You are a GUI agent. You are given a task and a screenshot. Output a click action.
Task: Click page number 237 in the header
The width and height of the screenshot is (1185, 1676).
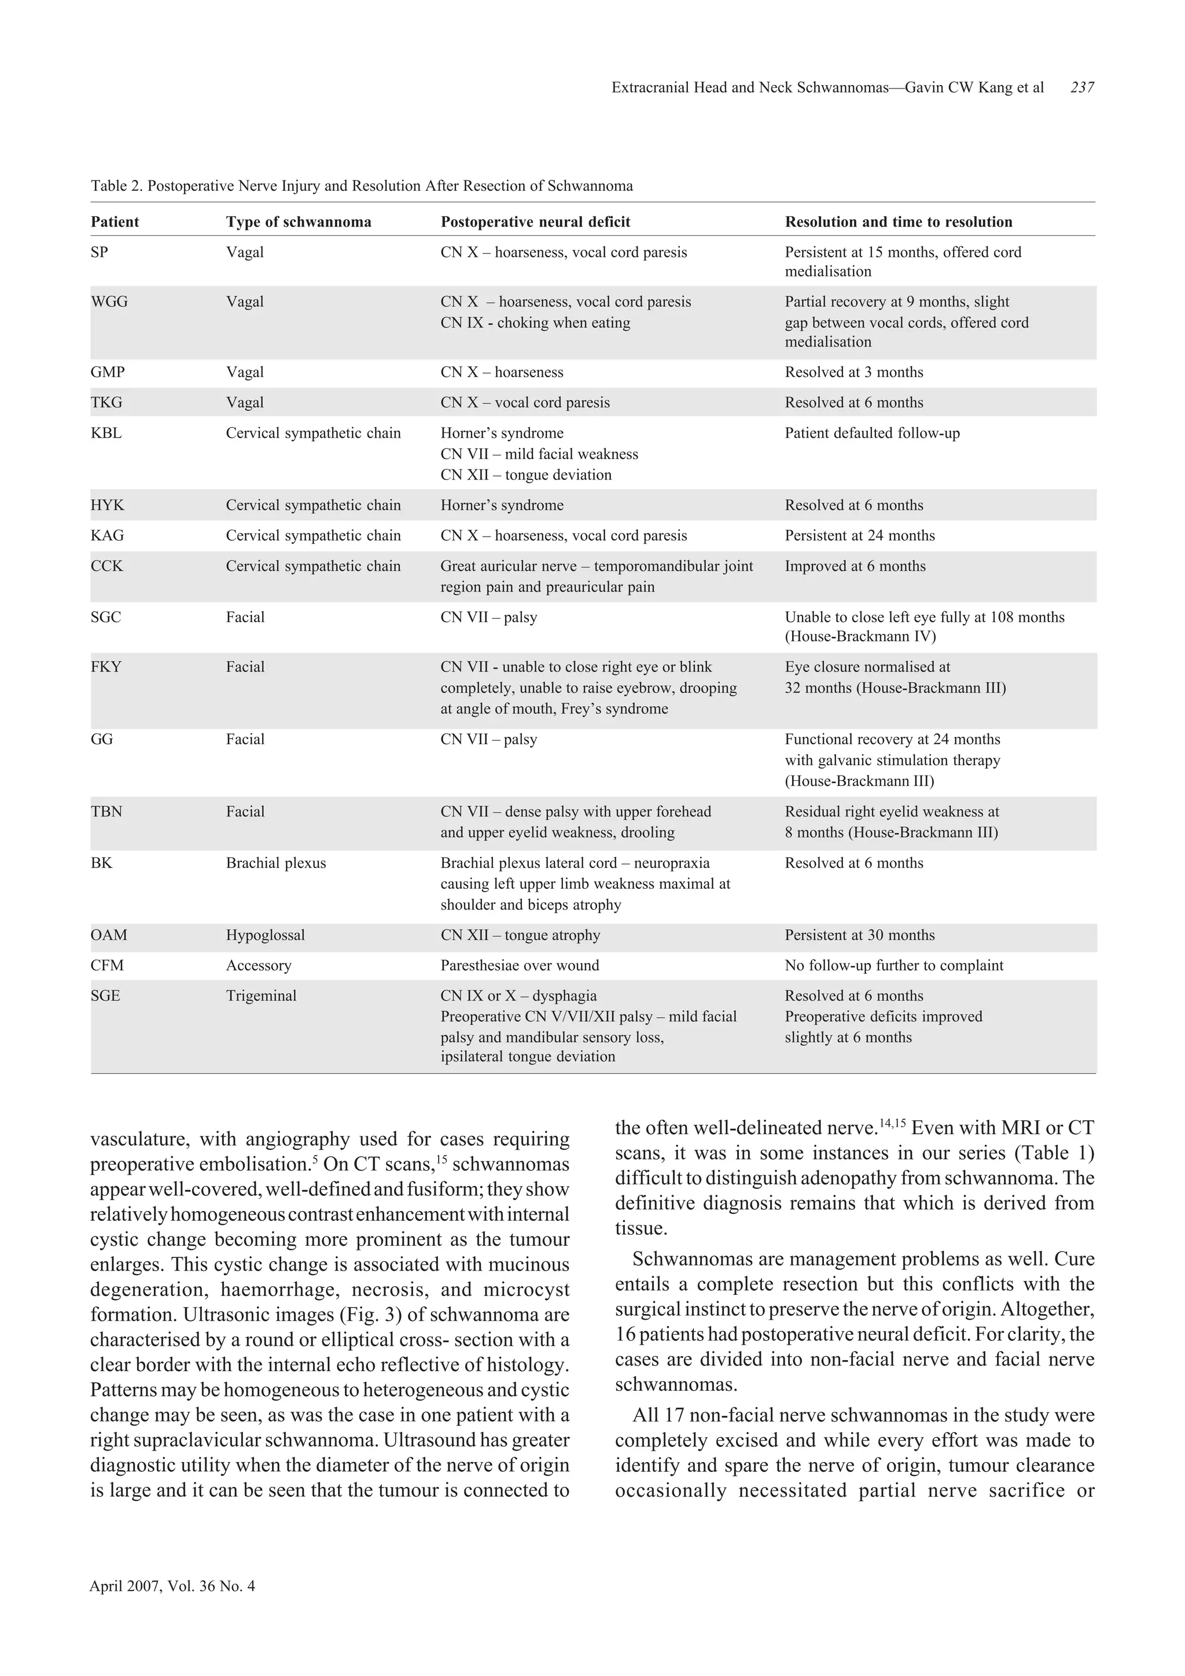(x=1081, y=87)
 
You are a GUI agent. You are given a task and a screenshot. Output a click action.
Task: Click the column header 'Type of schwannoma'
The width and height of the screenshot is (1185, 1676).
(x=298, y=222)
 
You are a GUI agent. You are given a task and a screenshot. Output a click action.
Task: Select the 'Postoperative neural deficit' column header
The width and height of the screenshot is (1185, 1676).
(x=535, y=222)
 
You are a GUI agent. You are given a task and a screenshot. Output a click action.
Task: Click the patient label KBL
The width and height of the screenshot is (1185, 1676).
(x=106, y=433)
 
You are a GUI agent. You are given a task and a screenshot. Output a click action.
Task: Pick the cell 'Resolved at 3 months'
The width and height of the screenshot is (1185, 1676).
(x=853, y=372)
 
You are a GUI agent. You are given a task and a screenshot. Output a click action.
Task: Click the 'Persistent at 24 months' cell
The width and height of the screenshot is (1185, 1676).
(x=859, y=536)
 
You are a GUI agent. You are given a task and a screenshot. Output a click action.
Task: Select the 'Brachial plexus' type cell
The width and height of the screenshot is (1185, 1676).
(x=275, y=863)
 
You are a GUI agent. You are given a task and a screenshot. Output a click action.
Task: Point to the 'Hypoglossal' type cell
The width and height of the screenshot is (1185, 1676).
(x=265, y=935)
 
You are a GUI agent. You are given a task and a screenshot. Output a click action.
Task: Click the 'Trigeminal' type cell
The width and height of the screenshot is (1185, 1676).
(x=260, y=996)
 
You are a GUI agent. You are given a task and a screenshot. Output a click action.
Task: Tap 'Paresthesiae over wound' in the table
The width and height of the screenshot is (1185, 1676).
(x=519, y=966)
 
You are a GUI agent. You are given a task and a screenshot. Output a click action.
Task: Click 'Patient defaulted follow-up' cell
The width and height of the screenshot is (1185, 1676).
(x=872, y=433)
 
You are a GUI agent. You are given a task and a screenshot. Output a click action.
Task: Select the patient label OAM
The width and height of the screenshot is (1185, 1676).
(x=109, y=935)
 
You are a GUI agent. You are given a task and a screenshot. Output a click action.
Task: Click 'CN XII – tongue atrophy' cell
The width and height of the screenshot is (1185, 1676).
(x=520, y=935)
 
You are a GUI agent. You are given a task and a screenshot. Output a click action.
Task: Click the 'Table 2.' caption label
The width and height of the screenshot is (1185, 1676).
(x=116, y=186)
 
